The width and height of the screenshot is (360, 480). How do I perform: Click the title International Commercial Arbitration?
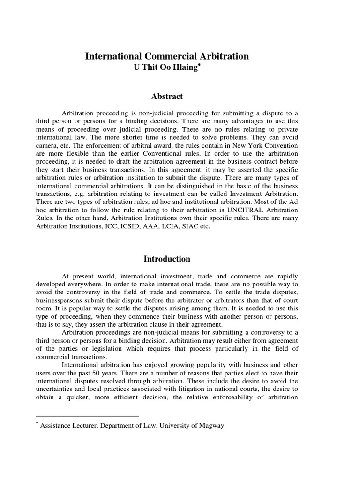click(167, 56)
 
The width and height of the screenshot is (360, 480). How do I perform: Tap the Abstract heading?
click(167, 97)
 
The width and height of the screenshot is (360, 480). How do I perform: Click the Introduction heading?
click(167, 259)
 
